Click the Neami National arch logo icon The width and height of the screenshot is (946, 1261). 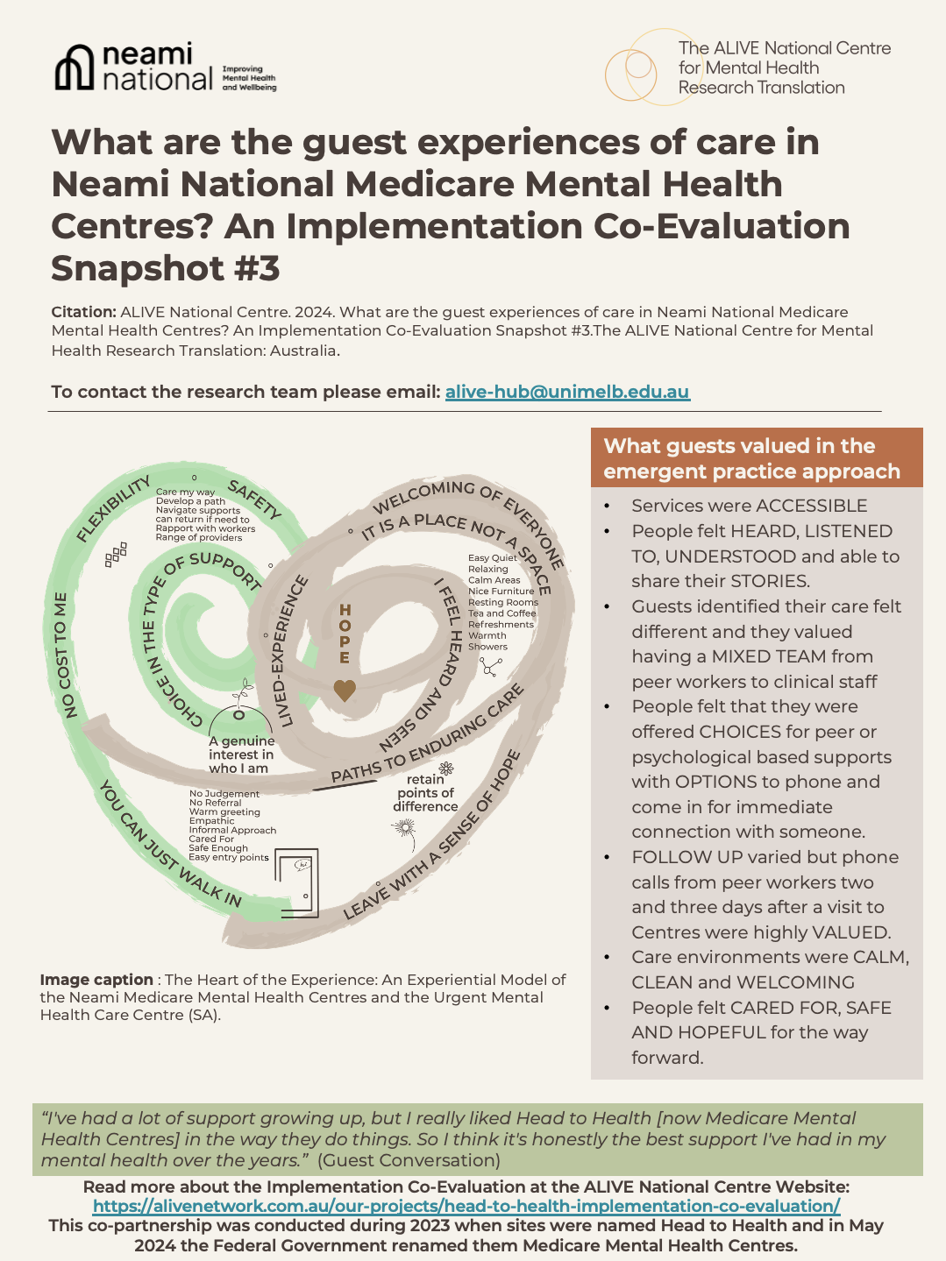point(75,67)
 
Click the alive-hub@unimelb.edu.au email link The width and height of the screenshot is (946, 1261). point(567,392)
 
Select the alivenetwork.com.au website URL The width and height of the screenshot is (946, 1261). point(466,1206)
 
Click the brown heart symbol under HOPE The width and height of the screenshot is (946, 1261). point(345,691)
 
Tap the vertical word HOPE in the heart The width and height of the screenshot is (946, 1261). point(345,634)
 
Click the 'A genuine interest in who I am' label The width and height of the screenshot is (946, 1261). point(241,754)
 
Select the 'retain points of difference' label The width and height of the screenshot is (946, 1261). point(425,793)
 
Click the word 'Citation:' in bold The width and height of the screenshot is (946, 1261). point(83,312)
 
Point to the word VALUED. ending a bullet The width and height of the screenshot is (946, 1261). point(850,932)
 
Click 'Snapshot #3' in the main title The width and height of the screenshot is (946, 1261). point(166,268)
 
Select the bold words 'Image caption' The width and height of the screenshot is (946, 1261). point(96,980)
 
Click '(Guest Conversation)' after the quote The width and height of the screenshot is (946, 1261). point(409,1160)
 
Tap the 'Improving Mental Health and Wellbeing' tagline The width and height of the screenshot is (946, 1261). point(249,78)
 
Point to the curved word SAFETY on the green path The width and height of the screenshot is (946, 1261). point(254,499)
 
